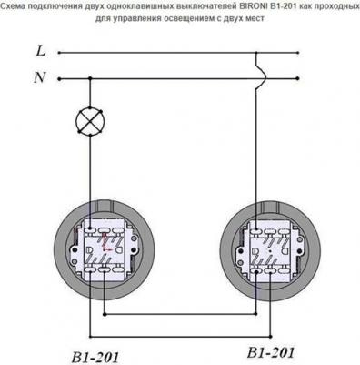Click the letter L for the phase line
pos(41,50)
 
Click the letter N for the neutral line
pos(40,77)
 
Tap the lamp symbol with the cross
pos(90,121)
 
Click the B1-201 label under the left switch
pos(95,357)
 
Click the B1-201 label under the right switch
pos(271,353)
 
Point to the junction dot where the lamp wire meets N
pos(90,79)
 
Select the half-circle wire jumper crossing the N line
pos(262,78)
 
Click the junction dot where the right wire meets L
pos(256,53)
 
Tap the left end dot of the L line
pos(59,53)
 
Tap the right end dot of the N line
pos(298,78)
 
